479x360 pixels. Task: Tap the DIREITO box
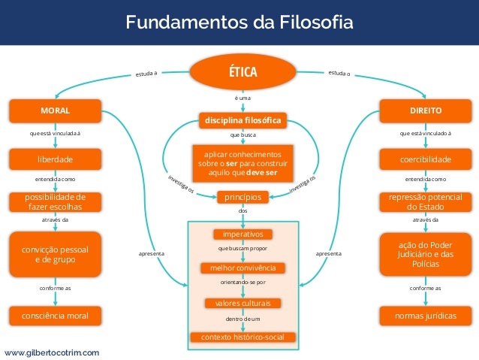tap(426, 111)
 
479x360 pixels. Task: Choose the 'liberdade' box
tap(55, 159)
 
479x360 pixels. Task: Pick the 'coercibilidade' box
tap(426, 159)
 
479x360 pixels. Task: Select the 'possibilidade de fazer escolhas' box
tap(55, 201)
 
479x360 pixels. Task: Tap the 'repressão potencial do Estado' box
tap(426, 201)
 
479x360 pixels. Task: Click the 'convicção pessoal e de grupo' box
tap(55, 254)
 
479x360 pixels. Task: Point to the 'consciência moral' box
tap(55, 316)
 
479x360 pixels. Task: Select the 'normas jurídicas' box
tap(426, 316)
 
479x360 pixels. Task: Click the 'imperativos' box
tap(243, 234)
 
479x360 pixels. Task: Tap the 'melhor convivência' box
tap(243, 268)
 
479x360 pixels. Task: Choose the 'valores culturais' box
tap(243, 303)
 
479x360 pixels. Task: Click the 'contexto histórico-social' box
tap(243, 337)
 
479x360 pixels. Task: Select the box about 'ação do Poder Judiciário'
tap(426, 254)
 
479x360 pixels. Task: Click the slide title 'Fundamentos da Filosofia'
tap(239, 22)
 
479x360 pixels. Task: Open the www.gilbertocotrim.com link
tap(51, 352)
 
